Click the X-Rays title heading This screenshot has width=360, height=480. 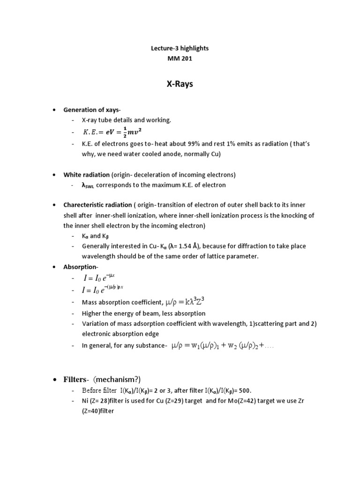[180, 85]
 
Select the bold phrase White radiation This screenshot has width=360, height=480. [86, 175]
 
